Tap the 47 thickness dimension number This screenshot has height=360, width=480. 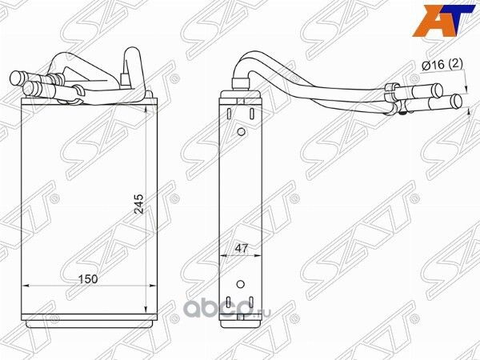240,250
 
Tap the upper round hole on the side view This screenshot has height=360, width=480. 241,132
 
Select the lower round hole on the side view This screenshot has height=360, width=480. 241,282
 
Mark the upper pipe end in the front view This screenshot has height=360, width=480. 18,78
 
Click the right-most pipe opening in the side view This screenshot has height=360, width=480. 458,102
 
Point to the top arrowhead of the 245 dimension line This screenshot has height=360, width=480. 145,106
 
